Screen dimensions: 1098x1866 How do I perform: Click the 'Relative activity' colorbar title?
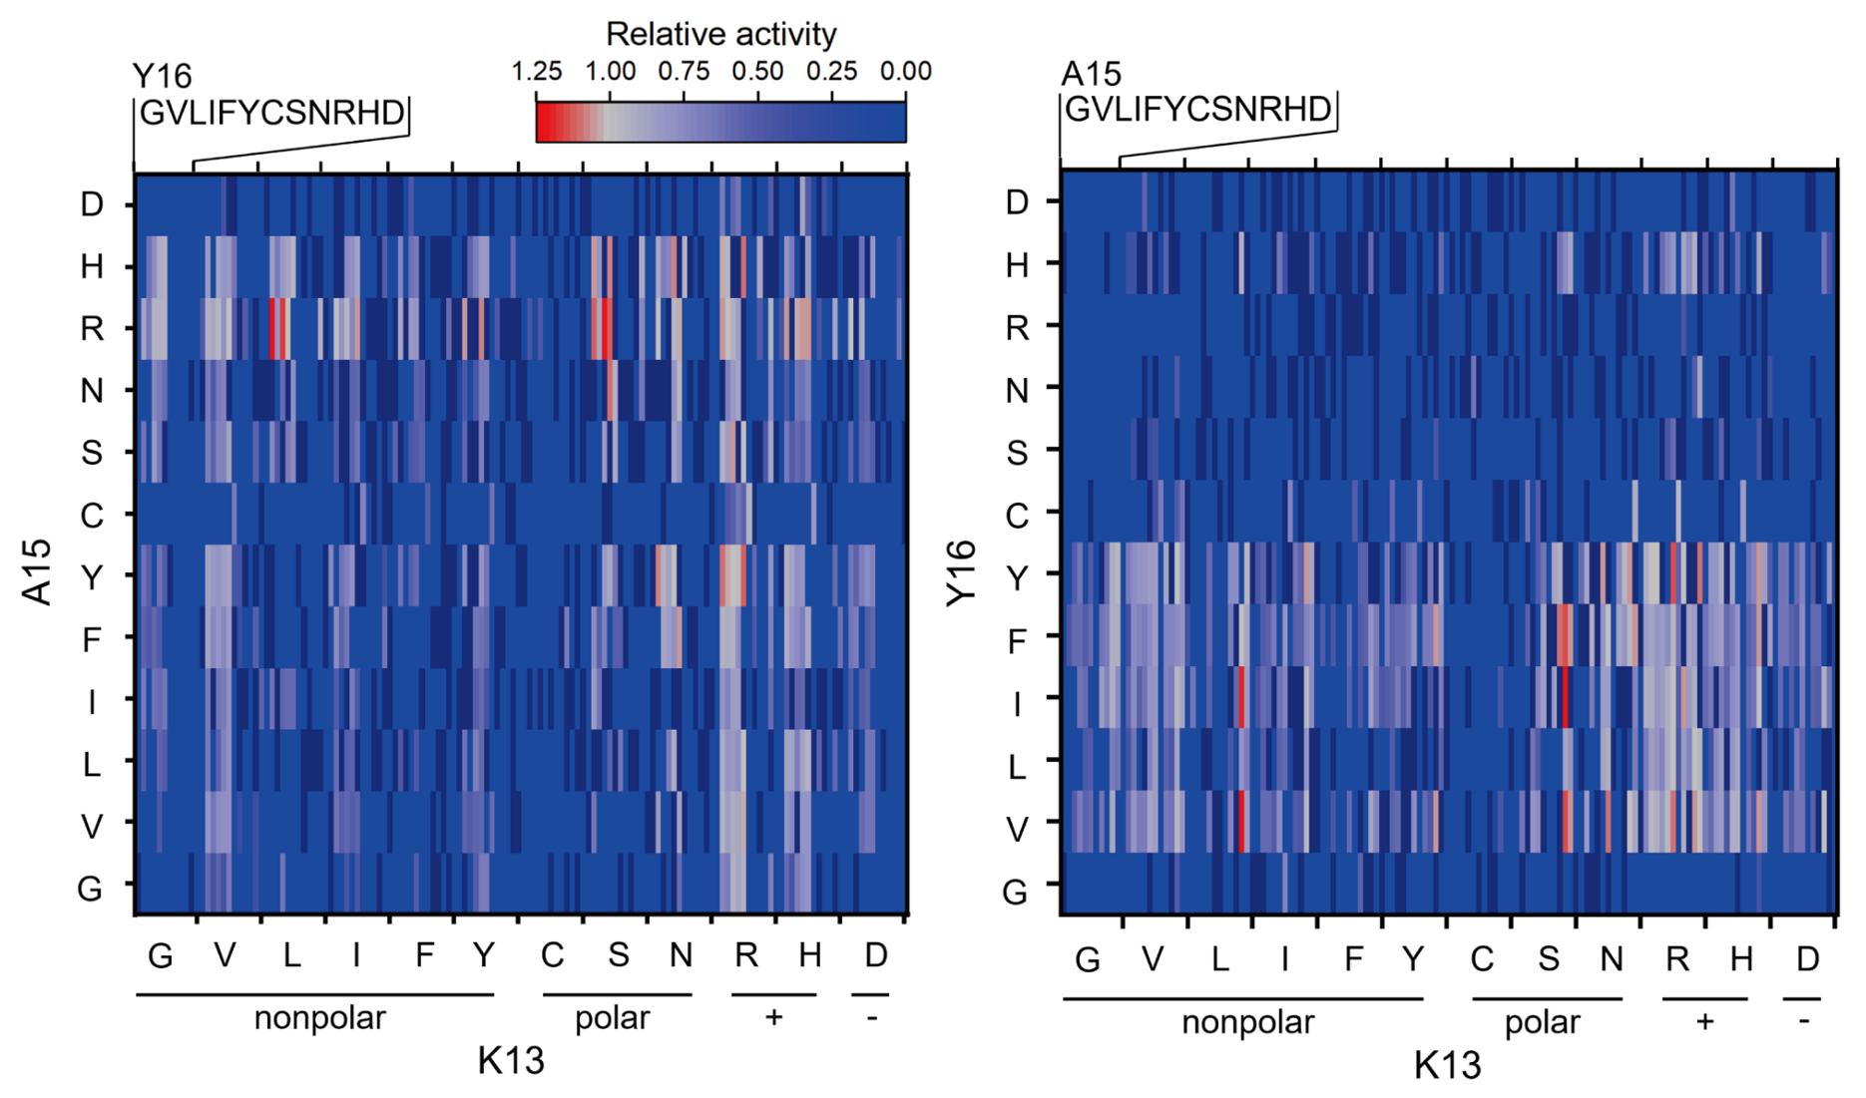[x=720, y=34]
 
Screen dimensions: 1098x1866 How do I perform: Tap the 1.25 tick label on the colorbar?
[x=536, y=72]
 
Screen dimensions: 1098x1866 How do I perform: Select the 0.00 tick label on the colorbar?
[x=905, y=72]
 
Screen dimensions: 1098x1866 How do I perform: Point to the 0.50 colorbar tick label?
[x=757, y=72]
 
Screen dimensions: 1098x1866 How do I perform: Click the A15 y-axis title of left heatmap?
[x=37, y=571]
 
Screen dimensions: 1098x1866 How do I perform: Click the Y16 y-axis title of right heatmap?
[x=962, y=571]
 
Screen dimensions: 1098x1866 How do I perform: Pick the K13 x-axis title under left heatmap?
[x=511, y=1061]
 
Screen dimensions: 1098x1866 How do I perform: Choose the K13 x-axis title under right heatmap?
[x=1447, y=1065]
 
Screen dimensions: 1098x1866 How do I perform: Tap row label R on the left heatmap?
[x=92, y=328]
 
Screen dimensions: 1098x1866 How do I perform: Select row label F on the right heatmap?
[x=1017, y=640]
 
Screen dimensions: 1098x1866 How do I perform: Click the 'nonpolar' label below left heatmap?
[x=319, y=1018]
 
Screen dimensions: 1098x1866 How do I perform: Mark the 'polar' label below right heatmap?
[x=1542, y=1022]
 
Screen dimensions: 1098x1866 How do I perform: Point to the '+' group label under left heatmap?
[x=773, y=1017]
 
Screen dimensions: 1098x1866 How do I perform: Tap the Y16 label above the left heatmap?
[x=162, y=76]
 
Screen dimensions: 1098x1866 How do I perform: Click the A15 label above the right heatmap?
[x=1091, y=74]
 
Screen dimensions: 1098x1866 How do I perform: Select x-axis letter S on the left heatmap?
[x=619, y=955]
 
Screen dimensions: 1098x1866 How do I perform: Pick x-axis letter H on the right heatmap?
[x=1741, y=959]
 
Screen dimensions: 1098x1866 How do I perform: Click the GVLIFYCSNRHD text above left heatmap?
[x=271, y=113]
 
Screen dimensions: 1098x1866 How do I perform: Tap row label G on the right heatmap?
[x=1015, y=891]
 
